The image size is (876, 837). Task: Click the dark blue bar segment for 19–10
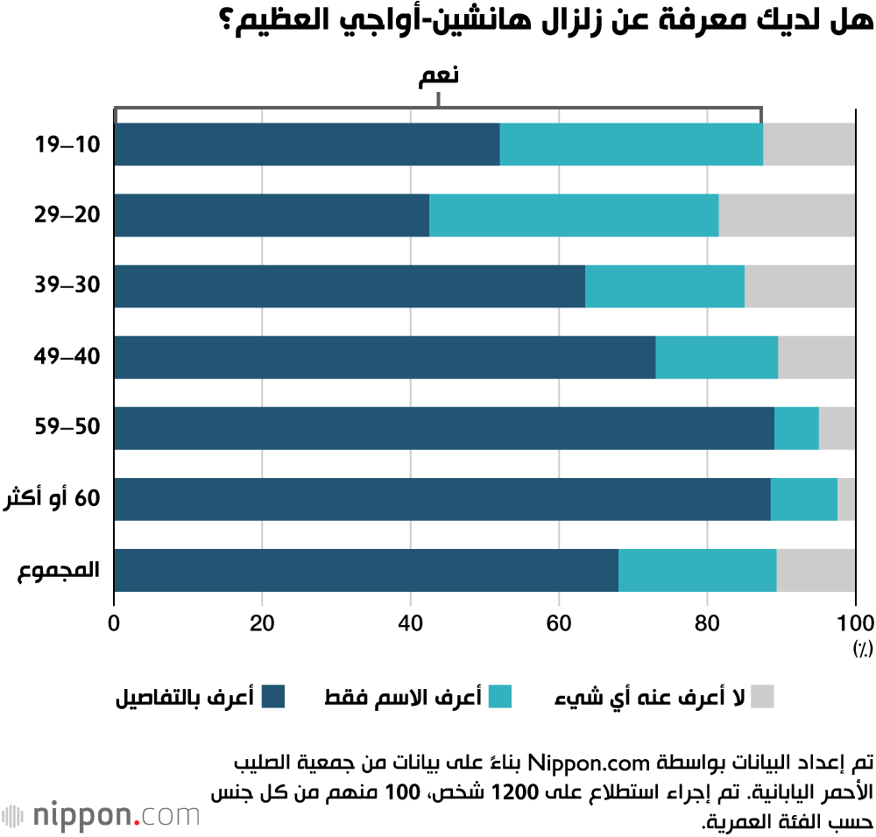307,144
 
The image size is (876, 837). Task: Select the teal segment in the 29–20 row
574,215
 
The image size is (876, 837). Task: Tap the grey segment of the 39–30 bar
800,286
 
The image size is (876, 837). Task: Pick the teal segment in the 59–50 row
796,428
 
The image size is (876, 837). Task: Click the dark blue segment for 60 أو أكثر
442,499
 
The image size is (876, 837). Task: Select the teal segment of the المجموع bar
697,570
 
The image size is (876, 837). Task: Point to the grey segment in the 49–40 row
816,357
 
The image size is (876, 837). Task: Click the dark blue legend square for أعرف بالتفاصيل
275,697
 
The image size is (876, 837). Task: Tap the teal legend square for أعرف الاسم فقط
500,697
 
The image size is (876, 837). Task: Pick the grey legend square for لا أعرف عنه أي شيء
763,697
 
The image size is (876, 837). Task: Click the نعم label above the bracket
438,76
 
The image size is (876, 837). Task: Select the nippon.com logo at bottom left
101,815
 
